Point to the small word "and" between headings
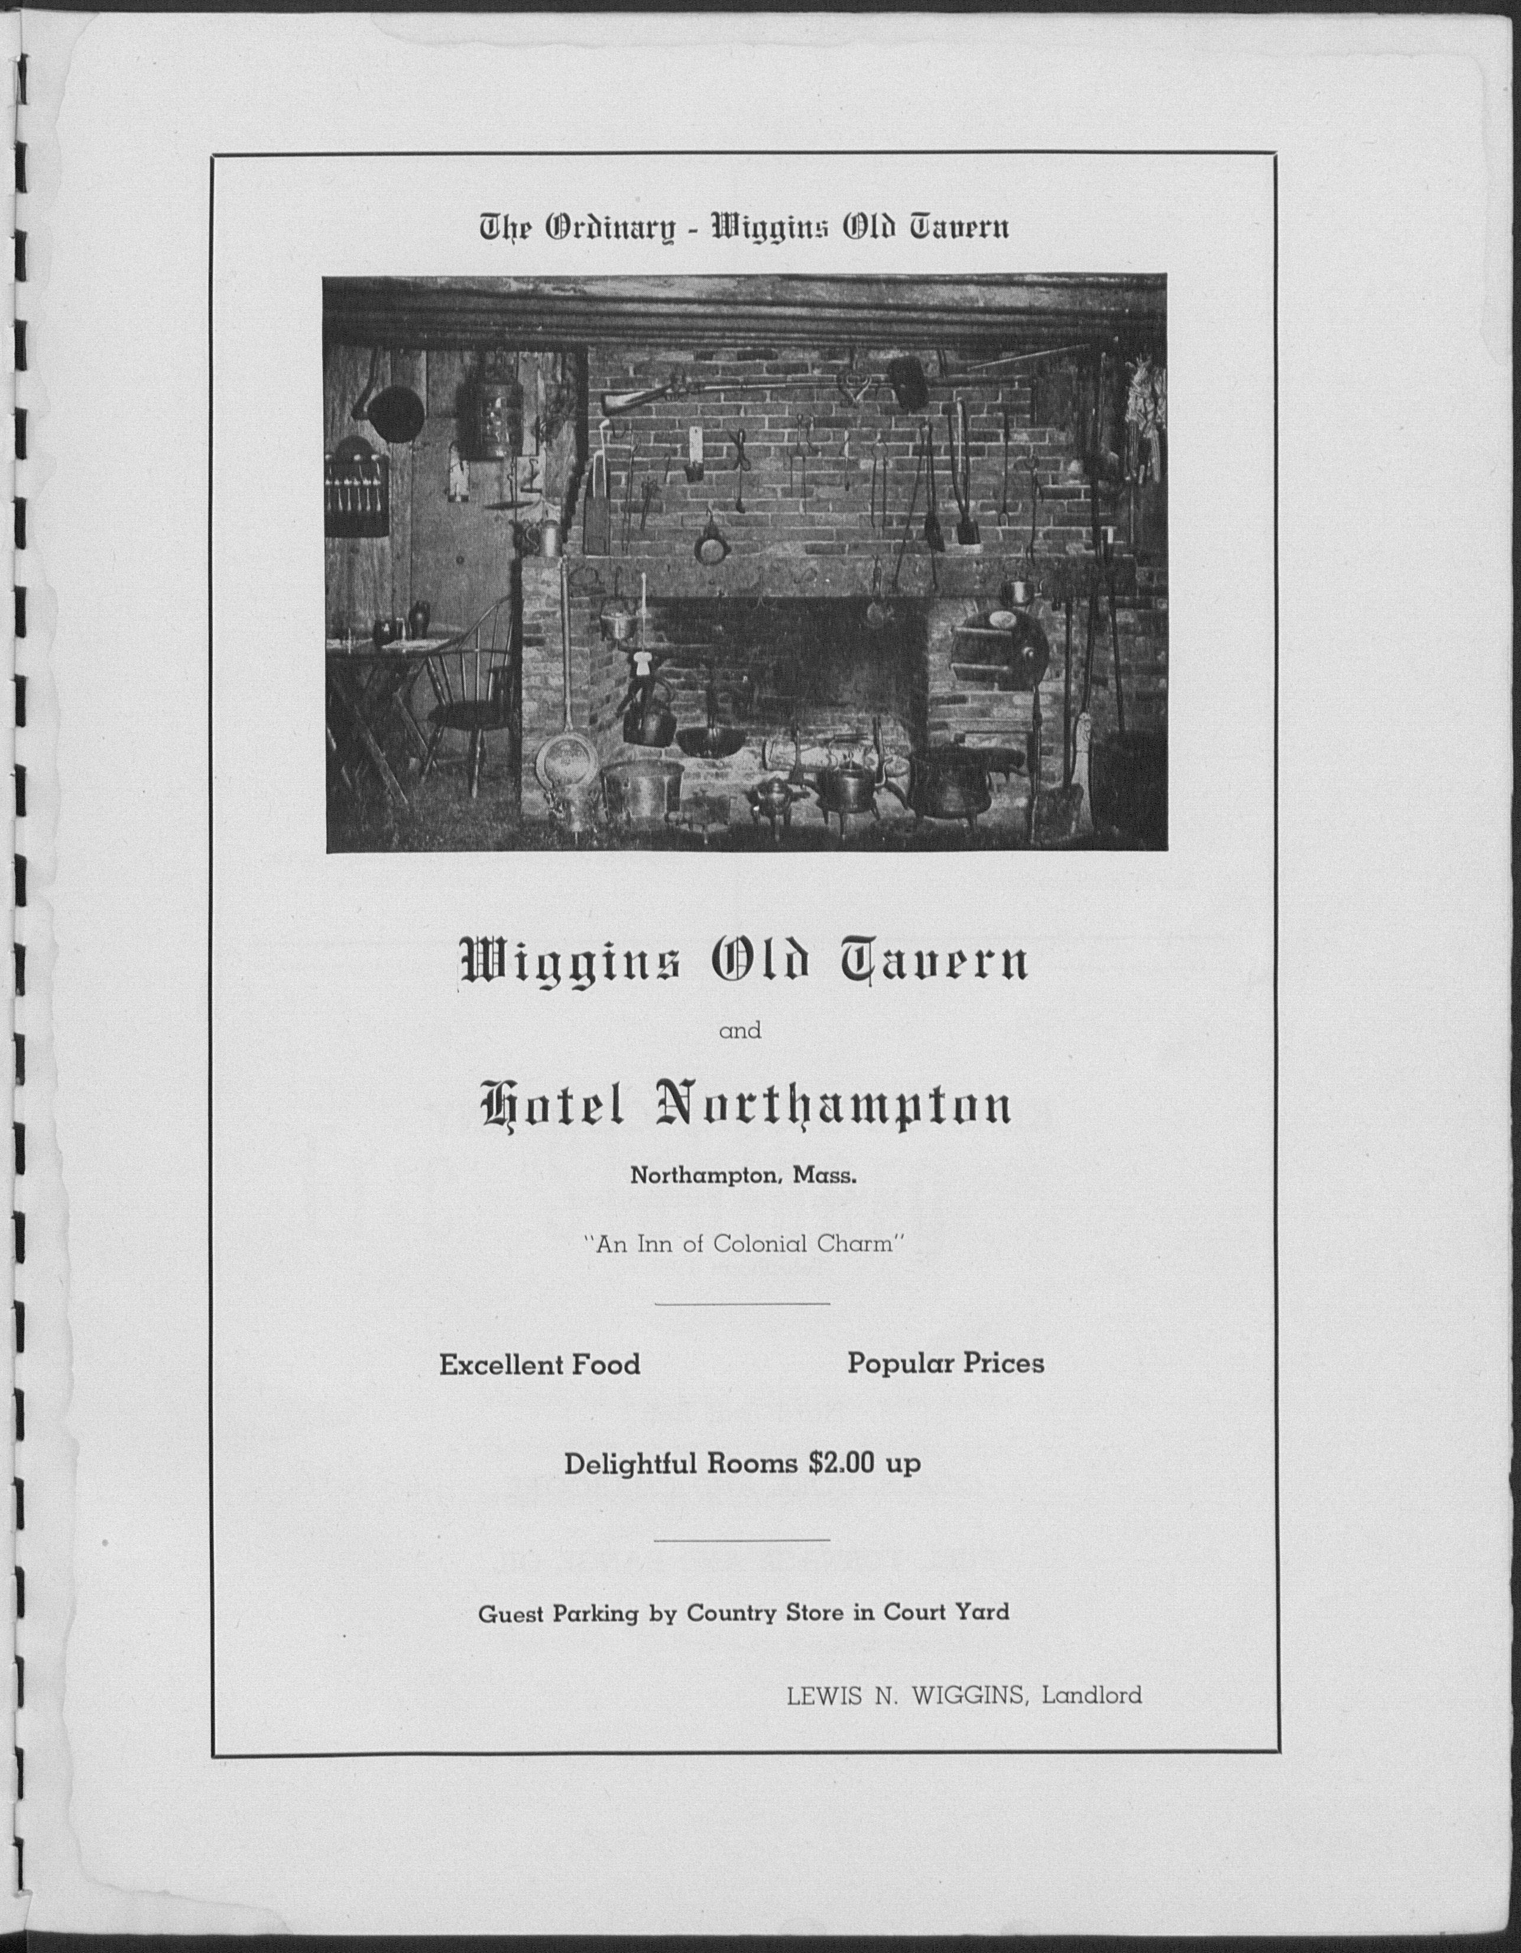(x=740, y=1031)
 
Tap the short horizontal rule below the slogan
(x=741, y=1303)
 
